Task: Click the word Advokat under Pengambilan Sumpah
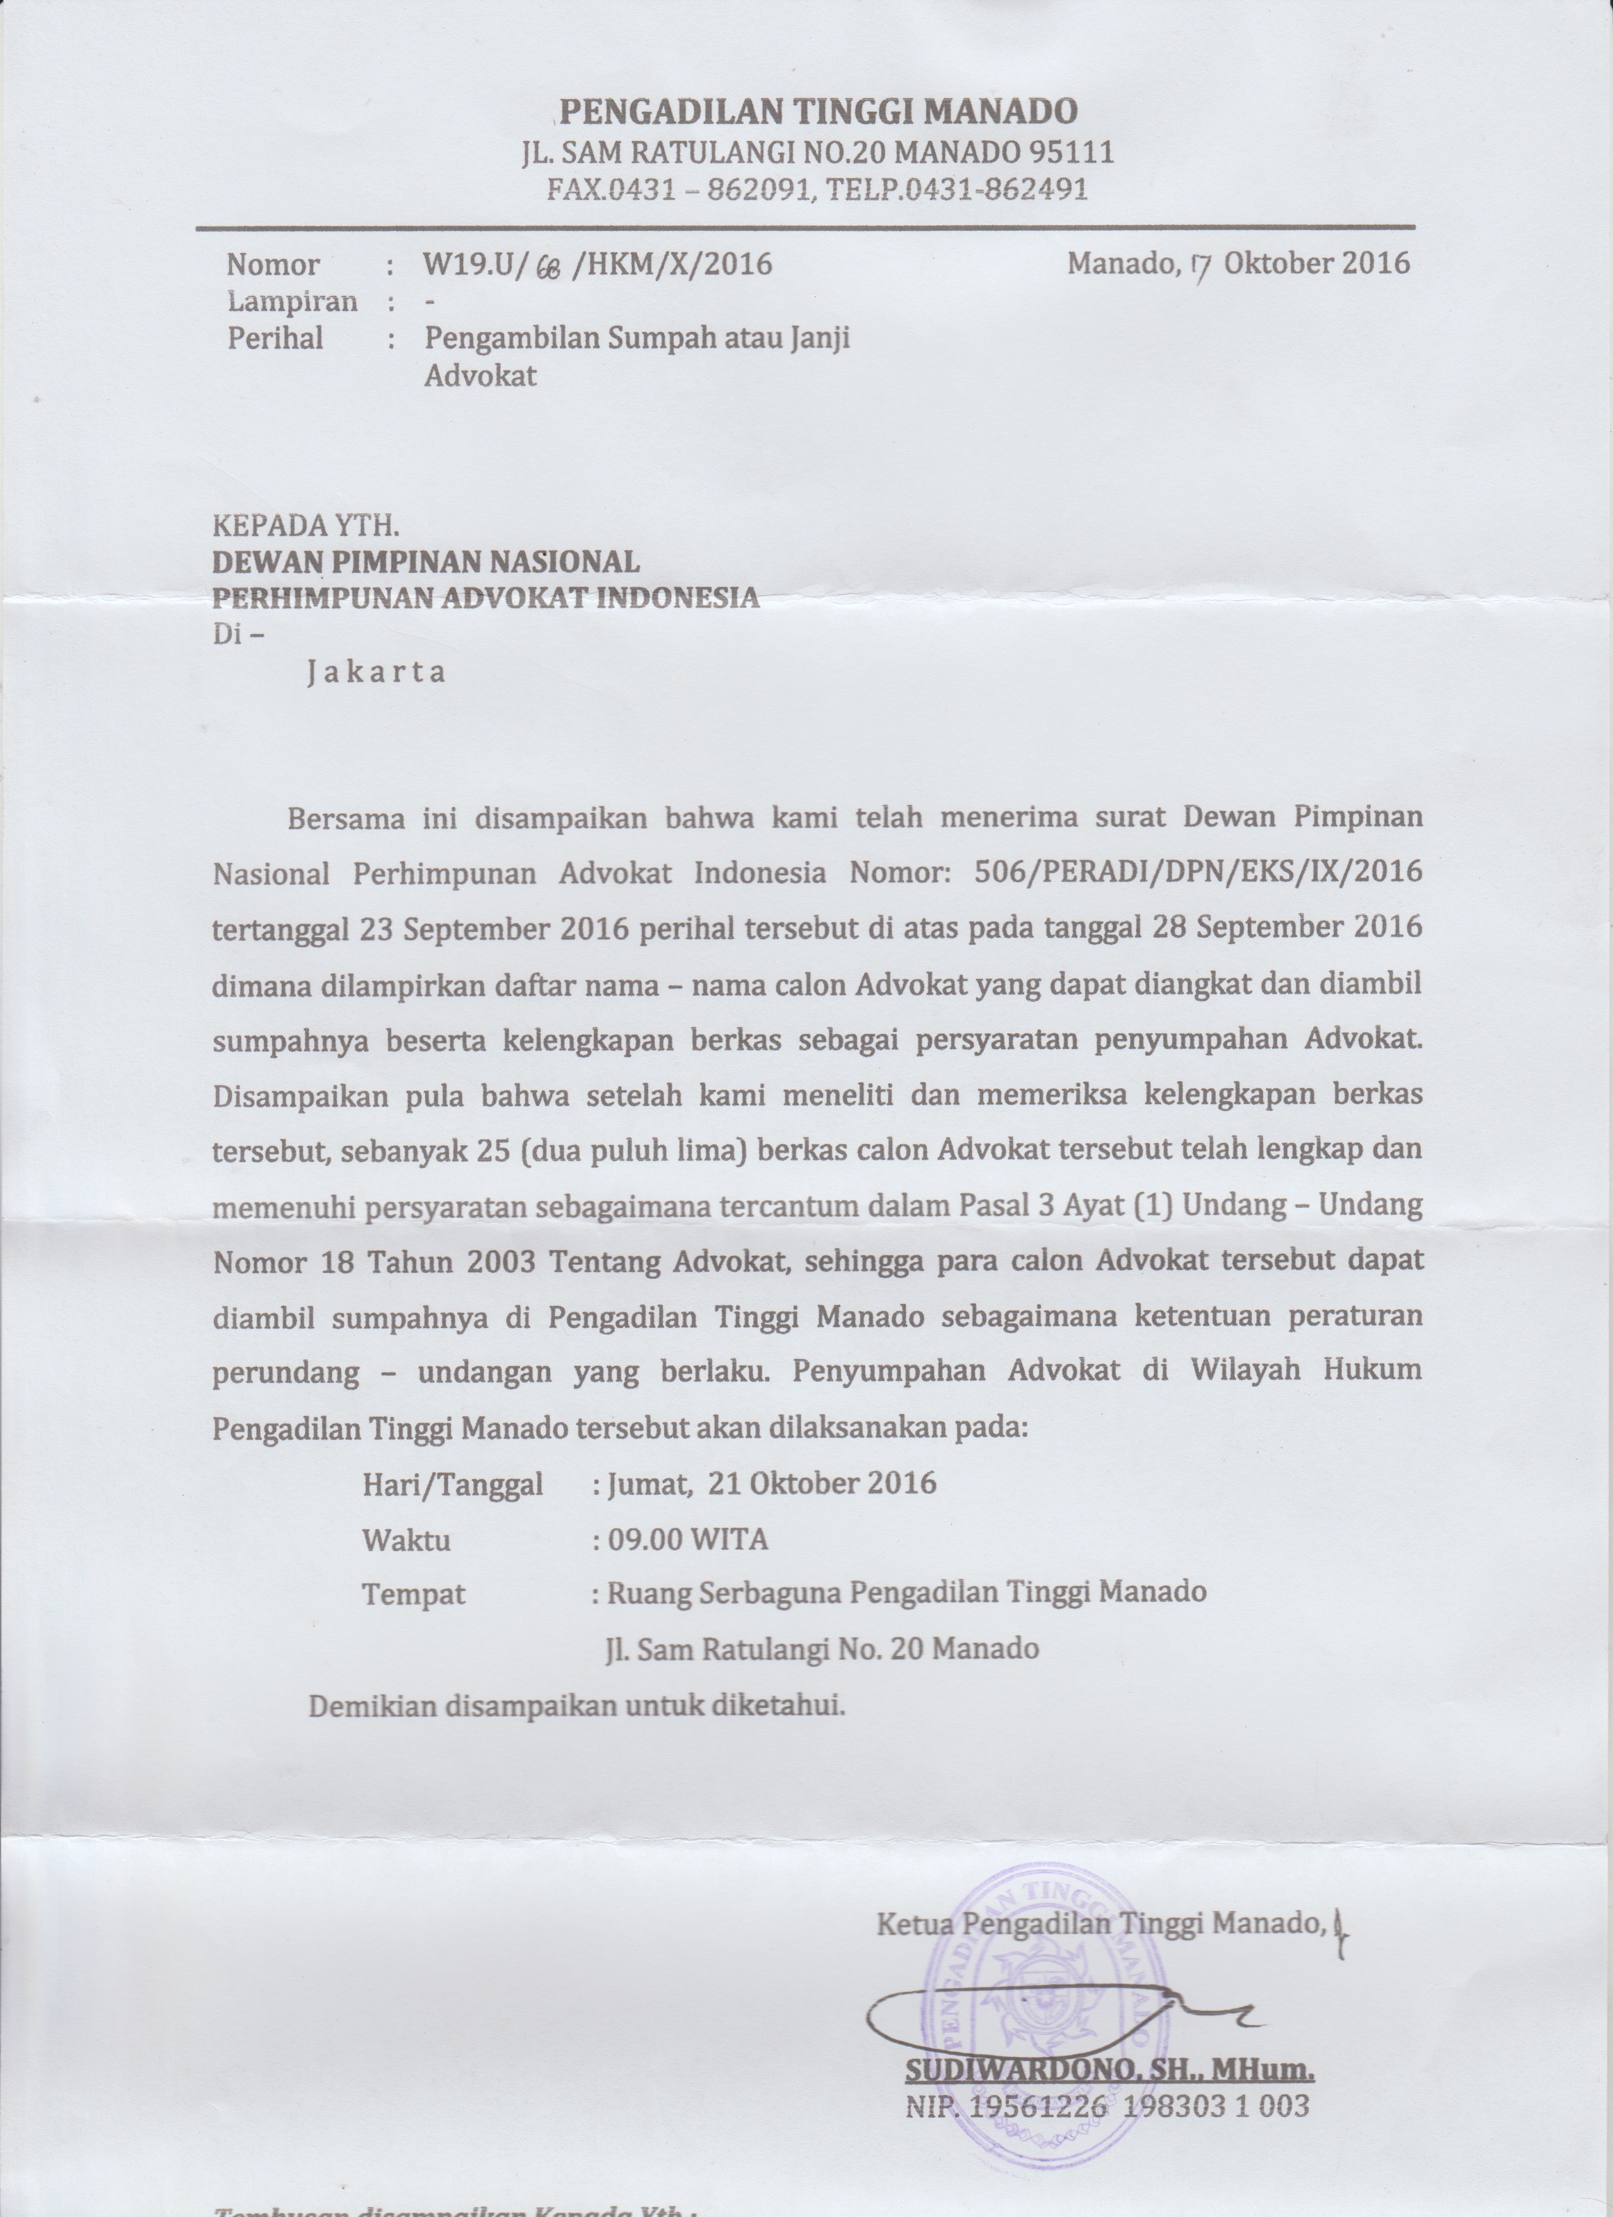tap(480, 376)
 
